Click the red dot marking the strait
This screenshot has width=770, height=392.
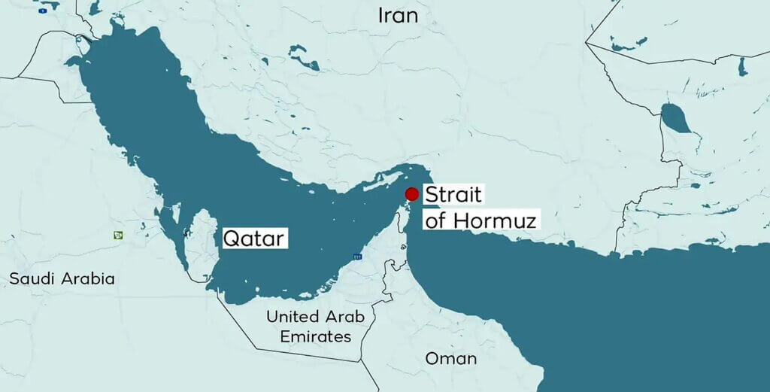[411, 194]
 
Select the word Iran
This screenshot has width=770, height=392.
[398, 15]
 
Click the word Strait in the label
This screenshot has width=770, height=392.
[453, 195]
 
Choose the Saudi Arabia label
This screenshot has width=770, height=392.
[62, 279]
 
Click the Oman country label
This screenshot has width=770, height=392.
[451, 358]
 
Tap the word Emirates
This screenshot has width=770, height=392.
[316, 336]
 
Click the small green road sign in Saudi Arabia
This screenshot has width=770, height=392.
[118, 235]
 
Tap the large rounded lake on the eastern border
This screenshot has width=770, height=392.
[674, 118]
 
